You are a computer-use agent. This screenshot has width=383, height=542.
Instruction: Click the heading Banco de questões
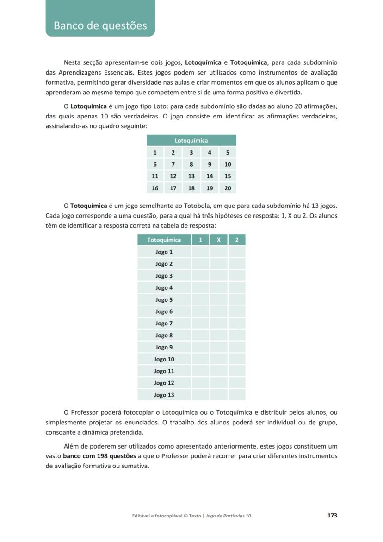(x=100, y=25)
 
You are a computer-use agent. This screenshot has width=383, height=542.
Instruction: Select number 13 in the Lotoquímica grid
(x=191, y=176)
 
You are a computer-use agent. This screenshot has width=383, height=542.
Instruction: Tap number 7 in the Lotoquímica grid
(x=173, y=164)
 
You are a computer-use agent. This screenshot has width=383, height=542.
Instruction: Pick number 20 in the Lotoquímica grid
(x=228, y=188)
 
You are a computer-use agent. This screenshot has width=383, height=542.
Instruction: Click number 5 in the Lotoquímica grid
(x=228, y=152)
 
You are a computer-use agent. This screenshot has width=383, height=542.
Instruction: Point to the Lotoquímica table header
(x=191, y=140)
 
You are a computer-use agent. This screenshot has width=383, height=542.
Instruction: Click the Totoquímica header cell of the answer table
(x=164, y=240)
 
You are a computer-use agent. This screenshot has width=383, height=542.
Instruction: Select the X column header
(x=219, y=240)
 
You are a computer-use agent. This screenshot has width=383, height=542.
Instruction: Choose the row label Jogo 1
(x=164, y=252)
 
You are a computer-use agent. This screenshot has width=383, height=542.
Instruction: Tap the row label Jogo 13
(x=164, y=395)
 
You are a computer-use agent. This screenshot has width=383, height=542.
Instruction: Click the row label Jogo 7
(x=164, y=324)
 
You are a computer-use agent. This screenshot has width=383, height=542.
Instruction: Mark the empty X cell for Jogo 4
(x=219, y=288)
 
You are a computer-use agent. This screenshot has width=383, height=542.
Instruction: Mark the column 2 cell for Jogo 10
(x=237, y=359)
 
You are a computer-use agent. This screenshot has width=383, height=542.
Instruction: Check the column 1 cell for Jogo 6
(x=200, y=311)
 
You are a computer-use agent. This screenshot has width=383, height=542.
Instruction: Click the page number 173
(x=332, y=515)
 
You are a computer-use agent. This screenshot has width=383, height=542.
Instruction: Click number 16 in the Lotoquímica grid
(x=155, y=188)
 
